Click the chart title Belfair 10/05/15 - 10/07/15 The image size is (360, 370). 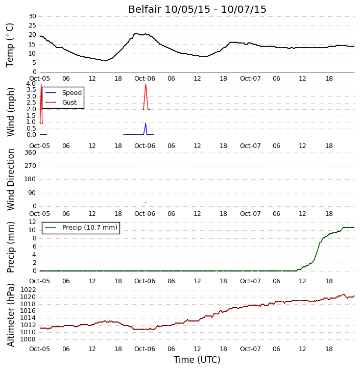click(x=197, y=9)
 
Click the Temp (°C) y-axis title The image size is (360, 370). click(x=10, y=45)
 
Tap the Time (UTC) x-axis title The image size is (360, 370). click(x=197, y=360)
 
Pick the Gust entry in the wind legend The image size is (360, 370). click(x=61, y=103)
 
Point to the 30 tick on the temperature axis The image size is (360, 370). click(x=32, y=16)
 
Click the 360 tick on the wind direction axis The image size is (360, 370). click(x=31, y=153)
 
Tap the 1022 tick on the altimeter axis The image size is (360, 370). click(x=28, y=290)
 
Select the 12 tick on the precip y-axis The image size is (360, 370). click(x=32, y=222)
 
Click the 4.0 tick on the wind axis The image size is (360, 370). click(x=31, y=84)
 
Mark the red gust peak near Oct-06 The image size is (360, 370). click(x=146, y=84)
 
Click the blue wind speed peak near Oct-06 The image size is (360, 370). click(x=146, y=124)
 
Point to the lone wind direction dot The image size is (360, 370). click(x=146, y=203)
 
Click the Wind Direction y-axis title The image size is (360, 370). click(x=10, y=180)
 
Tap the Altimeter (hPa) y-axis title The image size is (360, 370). click(x=10, y=315)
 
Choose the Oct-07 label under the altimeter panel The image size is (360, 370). click(x=250, y=349)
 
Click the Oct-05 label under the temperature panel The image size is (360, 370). click(x=39, y=79)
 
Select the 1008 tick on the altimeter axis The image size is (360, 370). click(x=28, y=339)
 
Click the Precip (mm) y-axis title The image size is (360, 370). click(x=10, y=248)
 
